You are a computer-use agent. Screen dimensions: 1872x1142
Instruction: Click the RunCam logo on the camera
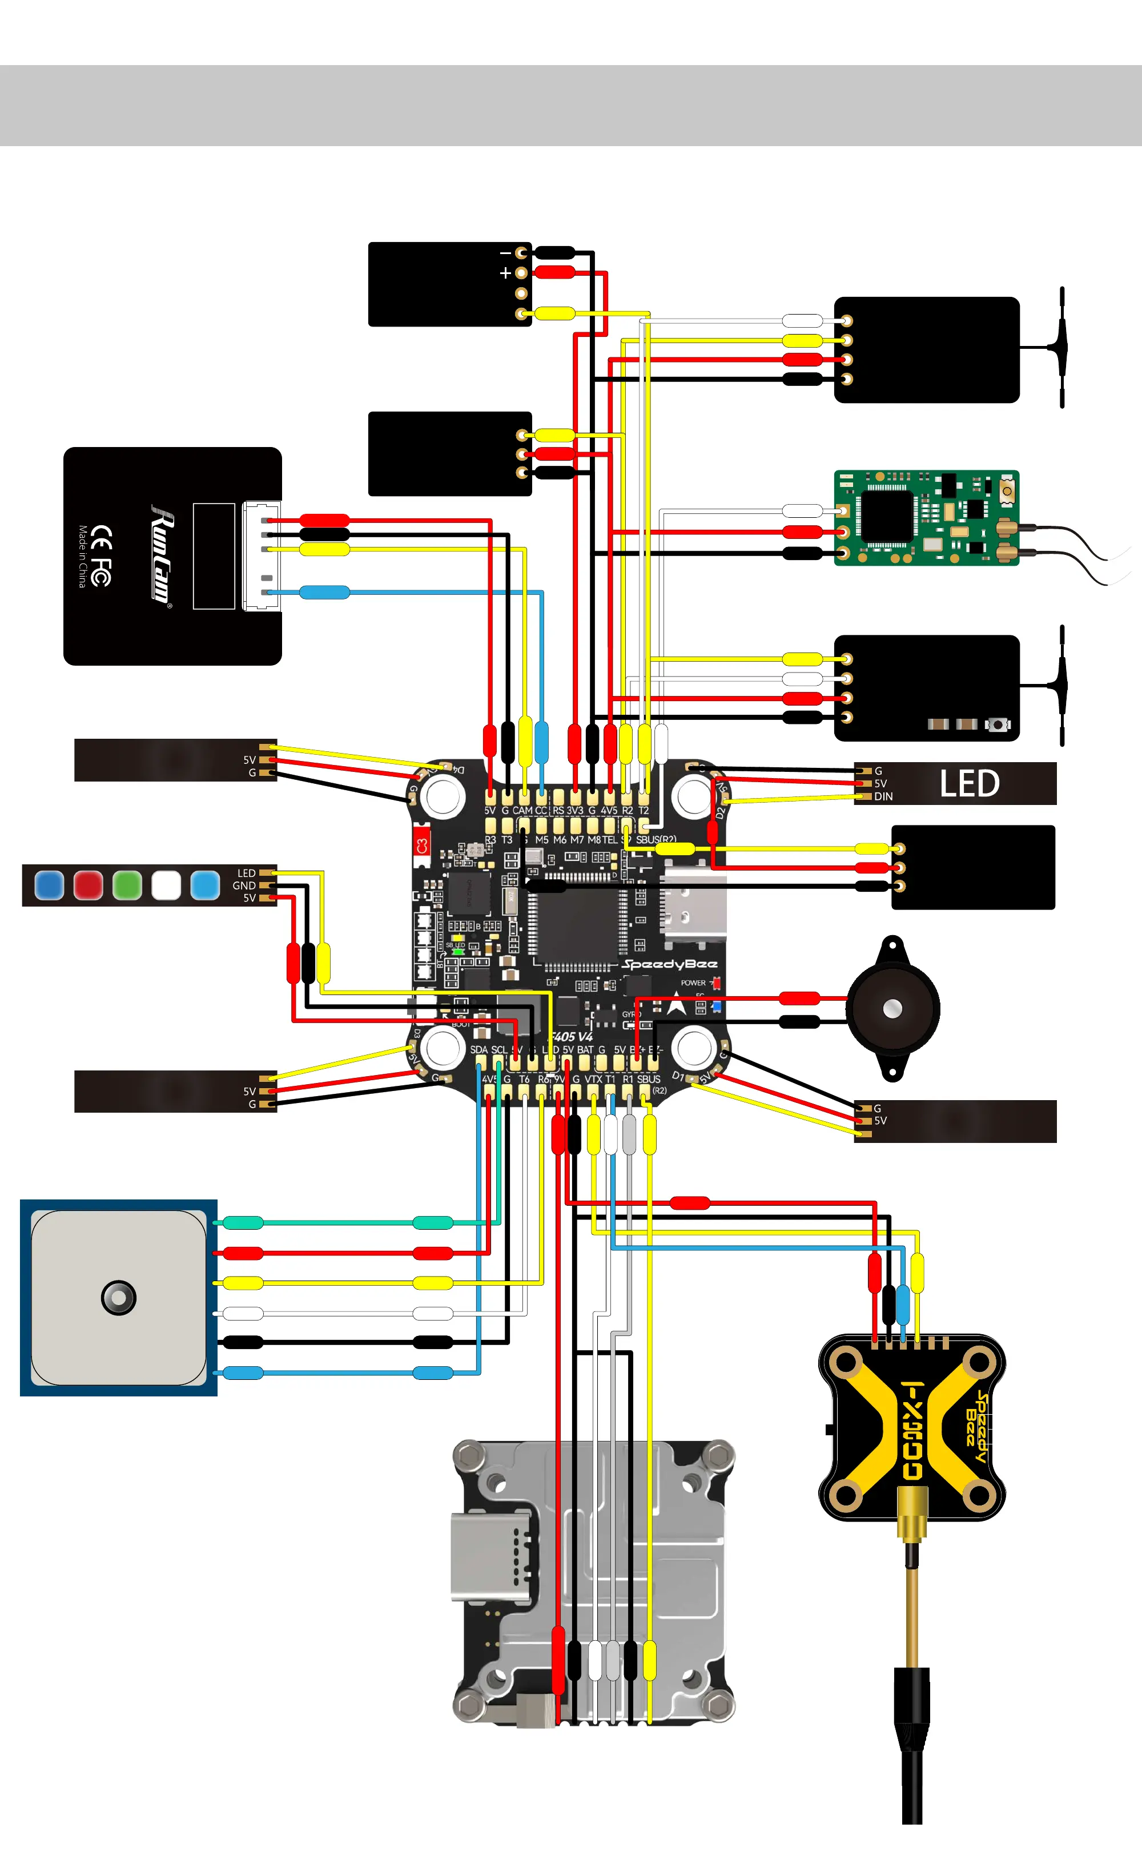162,554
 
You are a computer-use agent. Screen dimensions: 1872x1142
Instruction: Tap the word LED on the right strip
969,783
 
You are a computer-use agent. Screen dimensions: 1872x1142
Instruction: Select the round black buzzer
893,1008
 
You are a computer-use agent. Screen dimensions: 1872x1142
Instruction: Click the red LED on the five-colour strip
88,885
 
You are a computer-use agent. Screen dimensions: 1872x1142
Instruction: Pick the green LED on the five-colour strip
127,885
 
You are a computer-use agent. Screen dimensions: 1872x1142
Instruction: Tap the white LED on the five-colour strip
166,885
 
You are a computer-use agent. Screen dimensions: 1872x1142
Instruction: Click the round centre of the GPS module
119,1297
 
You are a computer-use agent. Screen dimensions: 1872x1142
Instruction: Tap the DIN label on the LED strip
883,796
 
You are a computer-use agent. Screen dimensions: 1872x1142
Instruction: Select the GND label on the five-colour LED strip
244,885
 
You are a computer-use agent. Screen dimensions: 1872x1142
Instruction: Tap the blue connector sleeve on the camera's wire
324,592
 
